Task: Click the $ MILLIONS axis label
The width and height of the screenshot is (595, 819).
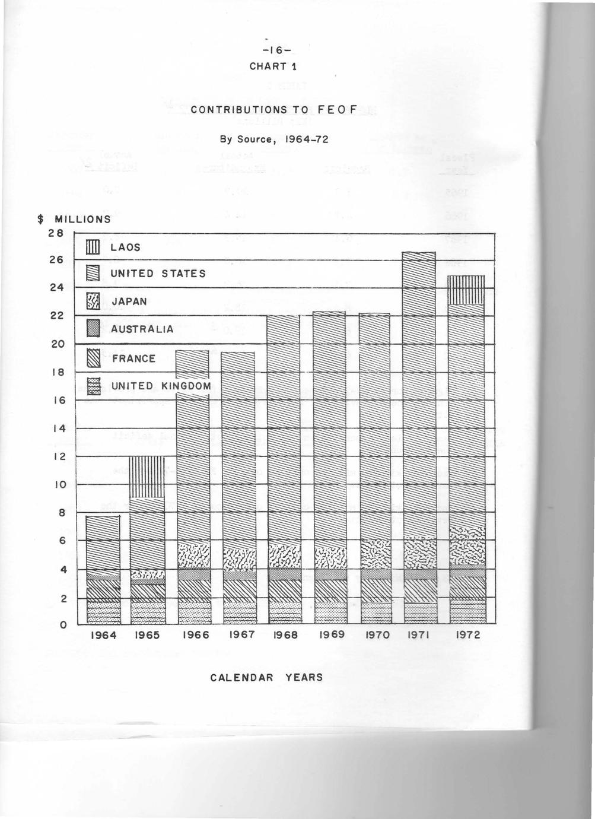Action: pos(74,219)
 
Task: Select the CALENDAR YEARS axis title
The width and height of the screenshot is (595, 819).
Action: pos(267,677)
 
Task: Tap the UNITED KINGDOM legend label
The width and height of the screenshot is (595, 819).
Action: pos(161,386)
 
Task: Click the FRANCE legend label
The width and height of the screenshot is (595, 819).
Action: pos(133,358)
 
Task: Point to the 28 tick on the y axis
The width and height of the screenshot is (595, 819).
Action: pos(56,233)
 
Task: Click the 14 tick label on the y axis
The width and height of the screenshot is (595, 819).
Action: pos(57,428)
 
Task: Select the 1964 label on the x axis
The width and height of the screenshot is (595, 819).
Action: pos(103,635)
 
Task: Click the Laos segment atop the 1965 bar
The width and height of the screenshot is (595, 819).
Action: pos(147,477)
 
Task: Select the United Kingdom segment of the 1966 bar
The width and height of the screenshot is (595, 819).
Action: pos(193,612)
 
